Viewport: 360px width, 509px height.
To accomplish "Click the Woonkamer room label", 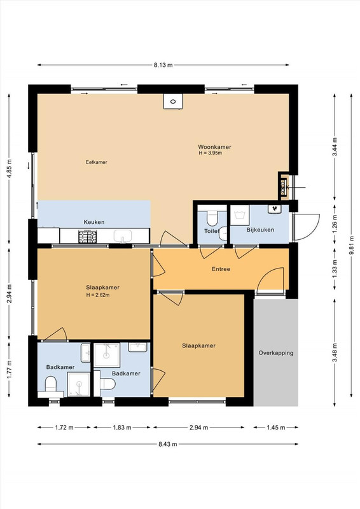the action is [214, 147].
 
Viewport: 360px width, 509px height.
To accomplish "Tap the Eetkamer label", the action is [97, 162].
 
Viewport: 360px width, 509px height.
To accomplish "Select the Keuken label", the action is [94, 222].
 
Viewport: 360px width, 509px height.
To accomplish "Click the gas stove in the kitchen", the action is [88, 236].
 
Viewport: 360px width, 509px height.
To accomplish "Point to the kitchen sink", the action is [123, 235].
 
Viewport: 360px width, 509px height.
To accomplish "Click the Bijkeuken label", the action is [260, 230].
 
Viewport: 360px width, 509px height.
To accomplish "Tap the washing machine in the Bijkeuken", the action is [240, 214].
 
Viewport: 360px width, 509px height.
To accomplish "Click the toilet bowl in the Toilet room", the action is [212, 218].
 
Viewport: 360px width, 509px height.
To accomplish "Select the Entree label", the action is [221, 268].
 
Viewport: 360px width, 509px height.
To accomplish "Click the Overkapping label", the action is [276, 353].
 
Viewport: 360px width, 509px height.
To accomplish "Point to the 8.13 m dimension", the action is [163, 65].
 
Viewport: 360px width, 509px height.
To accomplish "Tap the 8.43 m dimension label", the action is [168, 444].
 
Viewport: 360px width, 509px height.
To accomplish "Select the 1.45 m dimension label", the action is [276, 428].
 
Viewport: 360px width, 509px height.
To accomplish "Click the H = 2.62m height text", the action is [98, 295].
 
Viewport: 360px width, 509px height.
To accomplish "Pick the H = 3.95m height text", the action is [211, 153].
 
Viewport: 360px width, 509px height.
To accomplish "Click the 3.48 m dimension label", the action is [335, 353].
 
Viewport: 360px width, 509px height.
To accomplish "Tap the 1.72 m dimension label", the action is [64, 428].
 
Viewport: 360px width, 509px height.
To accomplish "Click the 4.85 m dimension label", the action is [9, 169].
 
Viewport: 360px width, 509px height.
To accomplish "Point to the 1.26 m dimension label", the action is [335, 222].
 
